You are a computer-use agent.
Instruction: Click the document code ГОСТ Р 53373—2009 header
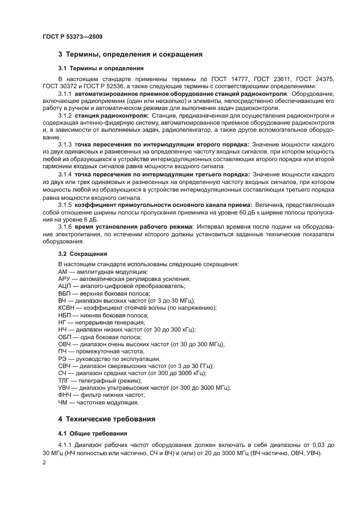[72, 36]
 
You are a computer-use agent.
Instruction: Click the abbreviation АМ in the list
[63, 271]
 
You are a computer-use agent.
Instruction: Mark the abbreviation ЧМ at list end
[63, 402]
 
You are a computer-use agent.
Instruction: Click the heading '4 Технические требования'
[107, 419]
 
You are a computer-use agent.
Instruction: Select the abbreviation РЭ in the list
[63, 359]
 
